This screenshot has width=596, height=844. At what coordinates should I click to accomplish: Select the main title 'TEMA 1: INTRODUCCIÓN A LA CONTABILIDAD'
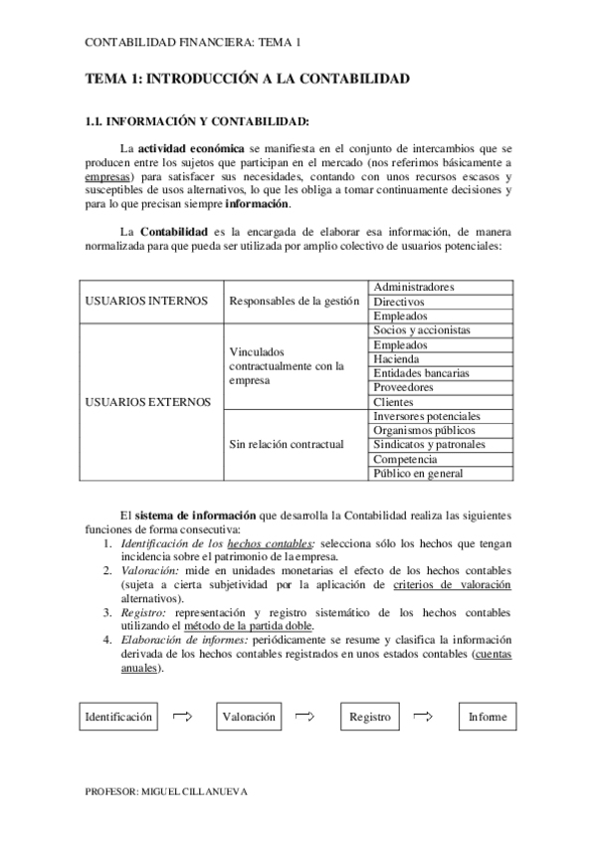point(246,78)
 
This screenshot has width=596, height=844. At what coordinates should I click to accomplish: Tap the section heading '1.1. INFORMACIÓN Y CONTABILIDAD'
point(197,122)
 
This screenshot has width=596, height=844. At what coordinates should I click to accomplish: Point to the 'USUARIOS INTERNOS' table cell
point(146,301)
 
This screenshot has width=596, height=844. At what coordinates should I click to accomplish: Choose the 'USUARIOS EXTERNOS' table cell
point(148,402)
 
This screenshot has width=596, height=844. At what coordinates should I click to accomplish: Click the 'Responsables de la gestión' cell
point(294,301)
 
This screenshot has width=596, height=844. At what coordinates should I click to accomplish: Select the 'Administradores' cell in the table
point(413,287)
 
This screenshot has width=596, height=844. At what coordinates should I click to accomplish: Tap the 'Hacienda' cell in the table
point(396,358)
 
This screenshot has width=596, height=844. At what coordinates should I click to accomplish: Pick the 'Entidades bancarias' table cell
point(421,373)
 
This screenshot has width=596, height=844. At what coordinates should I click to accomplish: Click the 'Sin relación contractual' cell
point(286,444)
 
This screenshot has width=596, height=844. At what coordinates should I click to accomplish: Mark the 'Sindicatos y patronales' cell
point(430,444)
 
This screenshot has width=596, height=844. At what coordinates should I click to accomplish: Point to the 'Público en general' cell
point(418,474)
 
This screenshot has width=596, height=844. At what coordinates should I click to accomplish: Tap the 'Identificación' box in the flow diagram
point(119,717)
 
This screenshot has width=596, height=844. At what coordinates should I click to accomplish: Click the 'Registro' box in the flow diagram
point(370,717)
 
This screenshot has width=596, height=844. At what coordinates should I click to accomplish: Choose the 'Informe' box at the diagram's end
point(488,717)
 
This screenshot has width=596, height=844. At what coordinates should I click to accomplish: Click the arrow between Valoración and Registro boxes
point(308,716)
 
